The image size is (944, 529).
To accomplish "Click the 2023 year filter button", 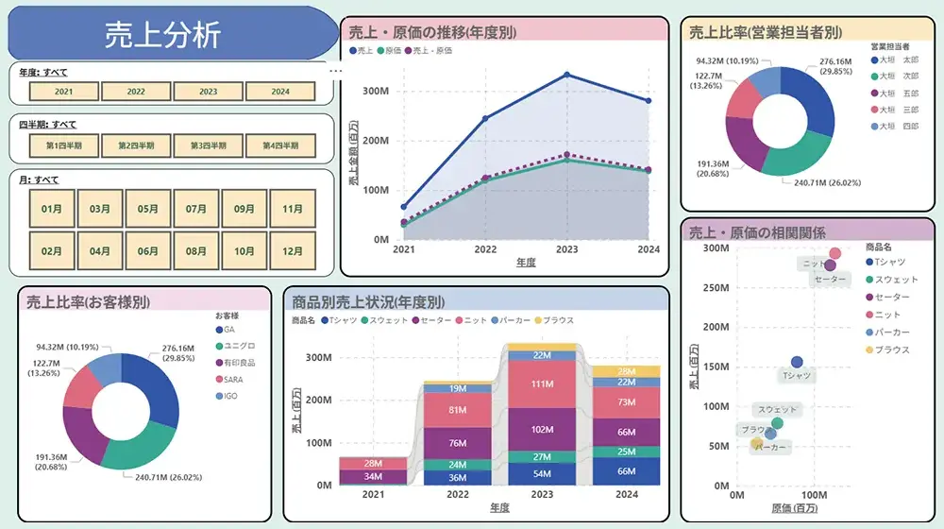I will pos(209,92).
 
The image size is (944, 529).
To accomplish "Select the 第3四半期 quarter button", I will pos(209,146).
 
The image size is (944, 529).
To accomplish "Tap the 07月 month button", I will pos(196,209).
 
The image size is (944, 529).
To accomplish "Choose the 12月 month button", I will pos(293,251).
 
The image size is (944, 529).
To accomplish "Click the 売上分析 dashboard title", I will pos(162,35).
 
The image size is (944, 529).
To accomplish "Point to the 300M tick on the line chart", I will pos(376,92).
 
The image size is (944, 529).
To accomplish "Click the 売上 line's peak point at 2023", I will pos(566,75).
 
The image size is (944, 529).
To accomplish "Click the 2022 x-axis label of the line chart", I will pos(485,250).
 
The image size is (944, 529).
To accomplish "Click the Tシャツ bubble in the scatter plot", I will pos(796,362).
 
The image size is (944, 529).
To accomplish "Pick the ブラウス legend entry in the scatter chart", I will pos(891,350).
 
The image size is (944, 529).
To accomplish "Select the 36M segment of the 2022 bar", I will pos(457,478).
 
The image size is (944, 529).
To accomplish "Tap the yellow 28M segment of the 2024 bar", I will pos(626,371).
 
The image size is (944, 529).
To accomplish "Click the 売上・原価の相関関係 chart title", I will pos(757,232).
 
